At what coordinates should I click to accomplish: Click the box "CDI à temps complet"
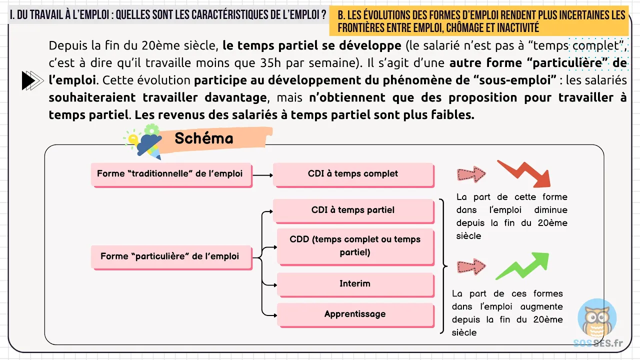click(353, 174)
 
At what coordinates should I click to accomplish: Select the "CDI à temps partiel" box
click(353, 210)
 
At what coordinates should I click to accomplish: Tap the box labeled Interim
click(355, 283)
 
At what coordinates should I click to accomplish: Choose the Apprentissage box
click(355, 314)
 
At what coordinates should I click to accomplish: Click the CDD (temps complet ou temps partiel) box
click(355, 245)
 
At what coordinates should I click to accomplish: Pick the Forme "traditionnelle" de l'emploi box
click(170, 174)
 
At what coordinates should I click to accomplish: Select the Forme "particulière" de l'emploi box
click(170, 256)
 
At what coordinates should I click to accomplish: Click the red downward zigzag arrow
click(525, 173)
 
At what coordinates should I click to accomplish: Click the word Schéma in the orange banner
click(204, 138)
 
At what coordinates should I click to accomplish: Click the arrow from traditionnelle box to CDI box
click(262, 175)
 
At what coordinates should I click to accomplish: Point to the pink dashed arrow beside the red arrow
click(471, 174)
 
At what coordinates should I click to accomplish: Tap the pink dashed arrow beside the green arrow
click(471, 266)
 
